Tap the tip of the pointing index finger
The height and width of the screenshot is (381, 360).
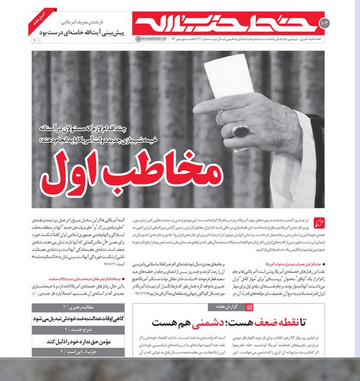point(197,110)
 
